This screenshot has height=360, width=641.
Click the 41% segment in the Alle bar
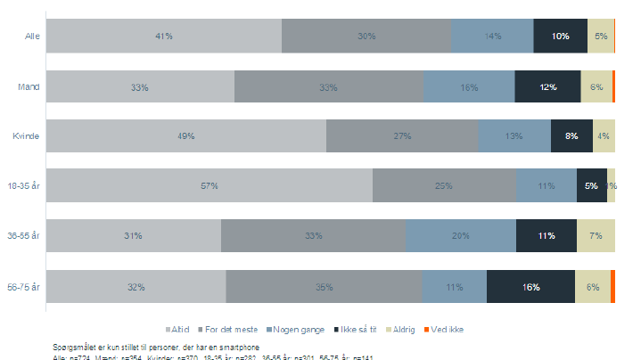click(x=163, y=36)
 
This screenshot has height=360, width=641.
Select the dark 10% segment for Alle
click(x=560, y=36)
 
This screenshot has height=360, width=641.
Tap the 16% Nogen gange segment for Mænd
click(x=469, y=86)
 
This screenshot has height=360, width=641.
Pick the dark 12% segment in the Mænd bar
click(x=547, y=86)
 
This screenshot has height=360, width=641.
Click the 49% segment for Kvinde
click(x=185, y=136)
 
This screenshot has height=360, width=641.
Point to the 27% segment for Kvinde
click(x=402, y=136)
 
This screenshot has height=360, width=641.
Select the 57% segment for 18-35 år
click(x=209, y=185)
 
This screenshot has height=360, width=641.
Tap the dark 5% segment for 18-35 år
click(x=591, y=185)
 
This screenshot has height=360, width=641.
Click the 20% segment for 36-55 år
click(x=461, y=236)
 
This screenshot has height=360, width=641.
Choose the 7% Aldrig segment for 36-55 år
click(x=596, y=236)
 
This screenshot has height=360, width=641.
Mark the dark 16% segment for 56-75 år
click(x=530, y=287)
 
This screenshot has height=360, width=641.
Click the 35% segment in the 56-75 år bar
click(x=324, y=287)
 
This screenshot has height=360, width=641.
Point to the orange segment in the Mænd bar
click(x=613, y=86)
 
